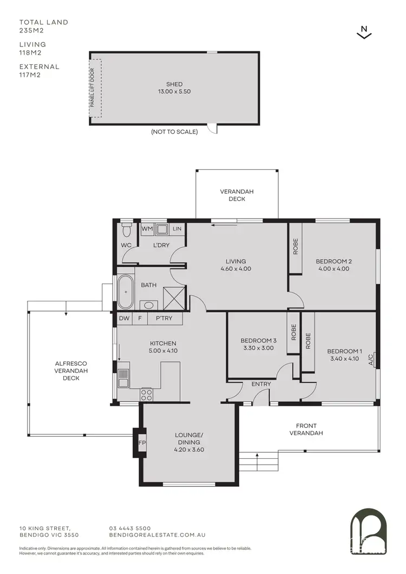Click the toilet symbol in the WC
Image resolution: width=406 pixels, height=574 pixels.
(127, 231)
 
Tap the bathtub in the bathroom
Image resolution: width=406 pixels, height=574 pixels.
(125, 292)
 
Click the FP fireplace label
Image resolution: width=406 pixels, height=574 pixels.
(143, 443)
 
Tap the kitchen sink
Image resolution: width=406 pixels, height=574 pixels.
(123, 378)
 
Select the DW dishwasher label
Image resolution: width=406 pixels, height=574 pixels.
(124, 319)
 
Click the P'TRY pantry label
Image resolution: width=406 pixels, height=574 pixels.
(163, 319)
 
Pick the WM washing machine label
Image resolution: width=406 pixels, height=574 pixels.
(147, 229)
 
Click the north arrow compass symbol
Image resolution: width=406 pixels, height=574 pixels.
(365, 32)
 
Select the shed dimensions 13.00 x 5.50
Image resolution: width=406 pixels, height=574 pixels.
(174, 91)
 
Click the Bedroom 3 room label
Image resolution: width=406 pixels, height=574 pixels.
(258, 340)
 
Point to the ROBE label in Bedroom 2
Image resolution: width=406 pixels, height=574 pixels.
(296, 247)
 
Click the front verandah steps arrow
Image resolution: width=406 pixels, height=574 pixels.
(257, 456)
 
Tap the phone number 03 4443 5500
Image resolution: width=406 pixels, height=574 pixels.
(130, 528)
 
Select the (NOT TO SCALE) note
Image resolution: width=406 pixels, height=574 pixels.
(174, 131)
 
